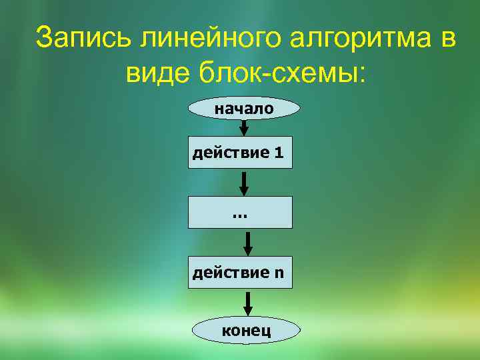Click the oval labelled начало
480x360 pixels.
click(244, 108)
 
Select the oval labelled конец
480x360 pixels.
click(245, 331)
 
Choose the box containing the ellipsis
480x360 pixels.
click(240, 214)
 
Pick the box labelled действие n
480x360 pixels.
click(240, 272)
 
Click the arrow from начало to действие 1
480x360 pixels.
click(244, 127)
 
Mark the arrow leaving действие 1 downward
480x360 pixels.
click(244, 183)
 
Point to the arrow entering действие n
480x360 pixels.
click(247, 243)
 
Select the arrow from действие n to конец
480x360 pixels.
click(248, 303)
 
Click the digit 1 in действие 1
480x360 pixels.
click(279, 153)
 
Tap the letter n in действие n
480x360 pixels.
click(279, 273)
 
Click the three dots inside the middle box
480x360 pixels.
click(239, 215)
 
